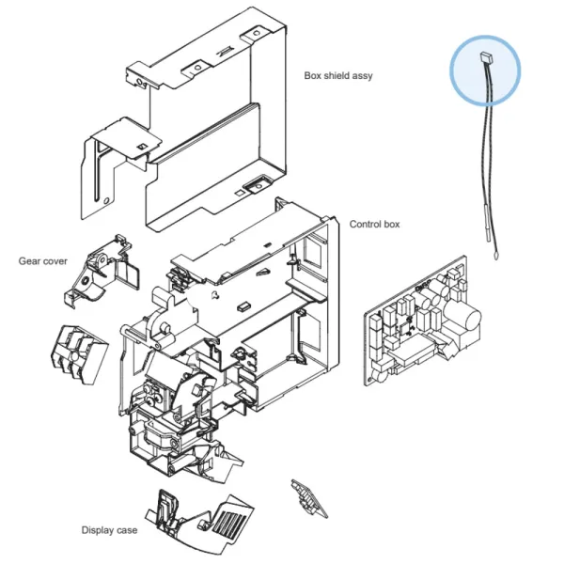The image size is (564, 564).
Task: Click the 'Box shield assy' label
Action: [x=338, y=76]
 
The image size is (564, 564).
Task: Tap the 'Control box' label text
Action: [x=374, y=224]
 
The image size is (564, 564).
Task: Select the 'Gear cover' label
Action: [x=43, y=261]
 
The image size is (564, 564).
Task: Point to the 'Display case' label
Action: [x=109, y=530]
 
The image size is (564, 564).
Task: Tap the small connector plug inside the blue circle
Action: [x=486, y=56]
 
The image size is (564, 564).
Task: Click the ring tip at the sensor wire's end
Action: [x=495, y=256]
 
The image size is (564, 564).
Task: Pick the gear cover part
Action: [x=101, y=271]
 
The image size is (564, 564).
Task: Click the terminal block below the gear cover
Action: [x=78, y=354]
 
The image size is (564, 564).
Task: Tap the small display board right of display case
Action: [x=309, y=499]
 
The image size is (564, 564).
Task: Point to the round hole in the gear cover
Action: [x=86, y=280]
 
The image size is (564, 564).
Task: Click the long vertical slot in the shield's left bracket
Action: [x=97, y=171]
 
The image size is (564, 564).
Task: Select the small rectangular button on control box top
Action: [x=243, y=306]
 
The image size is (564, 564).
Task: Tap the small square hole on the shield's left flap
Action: [x=142, y=146]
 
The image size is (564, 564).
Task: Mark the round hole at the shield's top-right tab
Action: [x=256, y=34]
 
